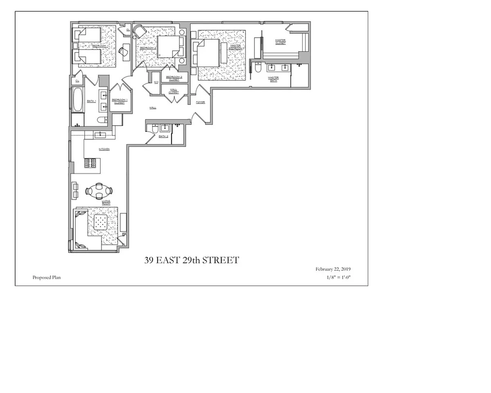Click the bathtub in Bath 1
pyautogui.click(x=77, y=99)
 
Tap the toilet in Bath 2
pyautogui.click(x=155, y=129)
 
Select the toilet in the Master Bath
pyautogui.click(x=257, y=68)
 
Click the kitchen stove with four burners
pyautogui.click(x=90, y=163)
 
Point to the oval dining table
pyautogui.click(x=99, y=191)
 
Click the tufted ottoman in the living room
pyautogui.click(x=101, y=223)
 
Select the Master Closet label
pyautogui.click(x=280, y=41)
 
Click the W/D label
pyautogui.click(x=156, y=82)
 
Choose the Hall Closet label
pyautogui.click(x=173, y=91)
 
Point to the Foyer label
pyautogui.click(x=200, y=102)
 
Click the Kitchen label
pyautogui.click(x=104, y=149)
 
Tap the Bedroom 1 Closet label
pyautogui.click(x=119, y=101)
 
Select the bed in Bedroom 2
pyautogui.click(x=169, y=46)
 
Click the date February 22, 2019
pyautogui.click(x=333, y=269)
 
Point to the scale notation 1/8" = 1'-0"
pyautogui.click(x=337, y=277)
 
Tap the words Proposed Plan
pyautogui.click(x=47, y=277)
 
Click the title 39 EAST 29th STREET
pyautogui.click(x=191, y=260)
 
